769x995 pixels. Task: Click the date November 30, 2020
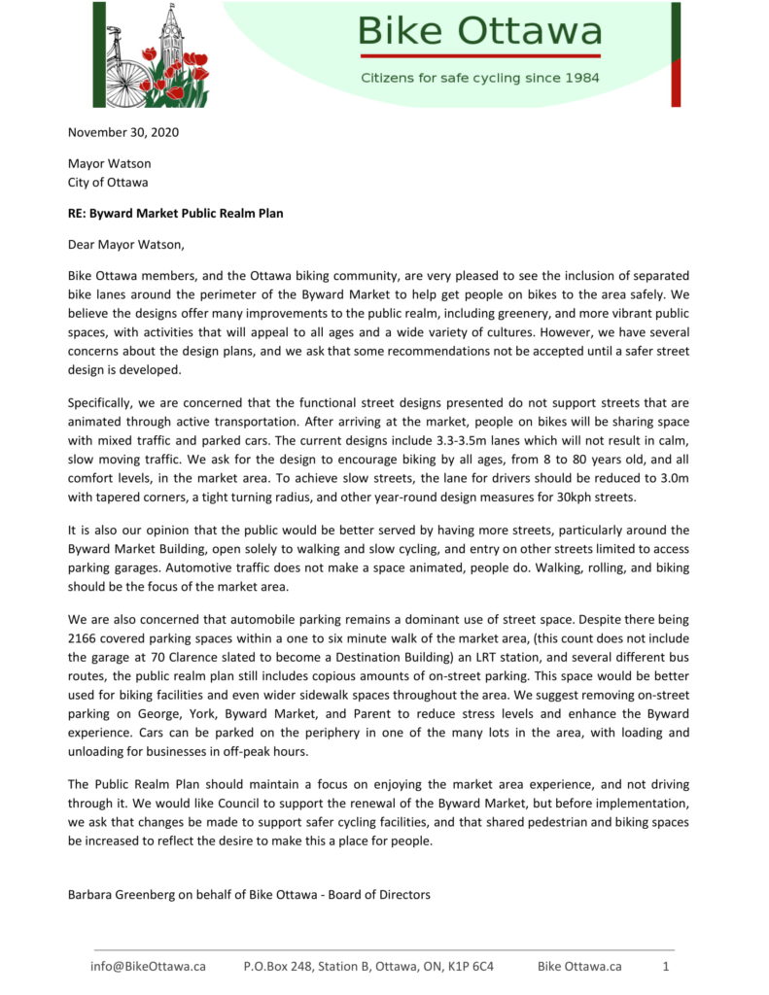pyautogui.click(x=123, y=132)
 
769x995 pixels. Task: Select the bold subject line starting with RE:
pyautogui.click(x=175, y=213)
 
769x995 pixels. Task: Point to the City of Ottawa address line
pyautogui.click(x=107, y=182)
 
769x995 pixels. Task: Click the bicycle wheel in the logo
pyautogui.click(x=127, y=84)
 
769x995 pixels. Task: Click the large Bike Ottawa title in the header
pyautogui.click(x=479, y=31)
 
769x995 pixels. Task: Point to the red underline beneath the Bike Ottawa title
pyautogui.click(x=479, y=55)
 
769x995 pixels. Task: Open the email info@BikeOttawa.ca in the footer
pyautogui.click(x=148, y=967)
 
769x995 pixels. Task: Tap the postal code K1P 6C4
pyautogui.click(x=471, y=967)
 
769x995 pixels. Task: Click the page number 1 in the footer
pyautogui.click(x=666, y=967)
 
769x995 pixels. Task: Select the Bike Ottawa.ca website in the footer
pyautogui.click(x=579, y=967)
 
